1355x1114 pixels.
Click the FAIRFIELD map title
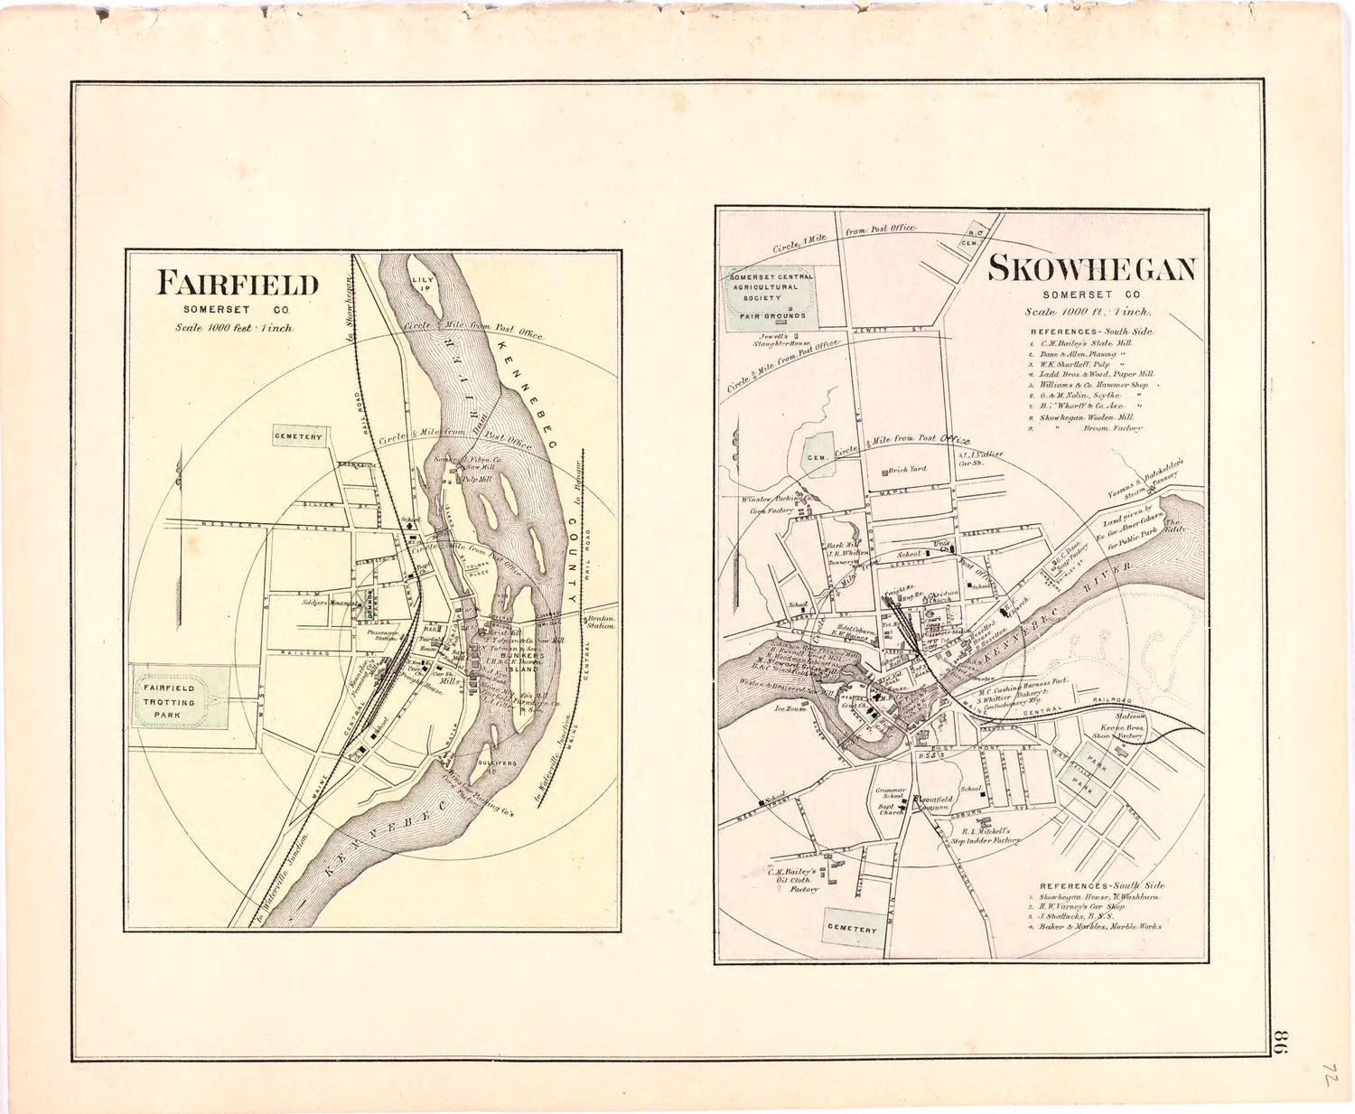[x=238, y=284]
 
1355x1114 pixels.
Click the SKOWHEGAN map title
[x=1091, y=269]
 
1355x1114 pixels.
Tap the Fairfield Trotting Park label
[x=169, y=701]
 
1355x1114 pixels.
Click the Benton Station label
[x=601, y=622]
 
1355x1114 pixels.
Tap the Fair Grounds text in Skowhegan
[x=772, y=315]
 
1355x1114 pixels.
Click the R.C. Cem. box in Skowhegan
[x=975, y=236]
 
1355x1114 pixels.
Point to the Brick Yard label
[x=907, y=470]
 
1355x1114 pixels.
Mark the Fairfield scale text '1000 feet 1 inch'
[x=234, y=328]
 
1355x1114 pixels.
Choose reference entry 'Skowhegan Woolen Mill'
[x=1085, y=417]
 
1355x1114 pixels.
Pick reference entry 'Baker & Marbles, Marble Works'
[x=1099, y=926]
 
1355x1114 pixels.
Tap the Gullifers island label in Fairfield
[x=497, y=763]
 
